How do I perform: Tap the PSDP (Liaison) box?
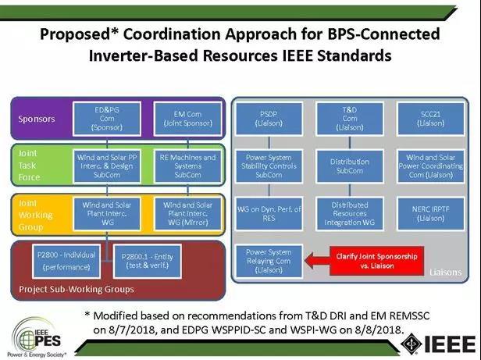(268, 117)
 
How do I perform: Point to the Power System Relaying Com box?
(268, 261)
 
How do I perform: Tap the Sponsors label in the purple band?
(36, 119)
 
